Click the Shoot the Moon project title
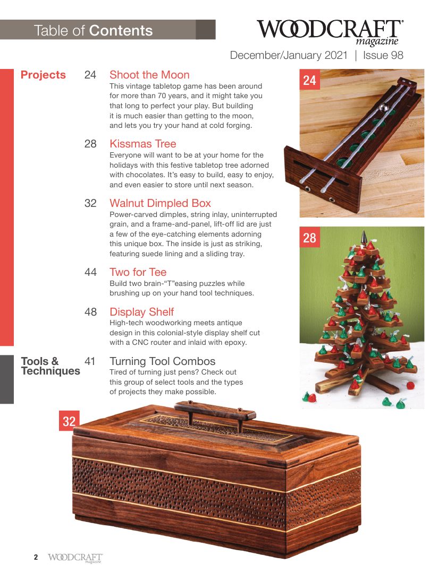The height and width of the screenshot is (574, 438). pos(149,75)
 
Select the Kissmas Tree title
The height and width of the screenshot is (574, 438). pos(142,144)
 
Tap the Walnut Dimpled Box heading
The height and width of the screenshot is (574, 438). pos(160,203)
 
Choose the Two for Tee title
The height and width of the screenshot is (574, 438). pos(138,272)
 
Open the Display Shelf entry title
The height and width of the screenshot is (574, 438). pos(141,312)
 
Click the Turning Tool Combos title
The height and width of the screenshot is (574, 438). pos(162,362)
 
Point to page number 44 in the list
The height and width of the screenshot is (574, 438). pos(90,272)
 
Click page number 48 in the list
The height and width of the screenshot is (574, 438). pos(90,312)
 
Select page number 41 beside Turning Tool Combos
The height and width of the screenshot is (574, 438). pos(90,362)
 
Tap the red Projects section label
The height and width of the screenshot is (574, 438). pos(43,75)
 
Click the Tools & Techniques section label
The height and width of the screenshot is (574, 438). pos(50,366)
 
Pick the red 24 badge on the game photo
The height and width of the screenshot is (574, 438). pos(309,80)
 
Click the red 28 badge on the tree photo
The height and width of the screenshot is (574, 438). pos(309,238)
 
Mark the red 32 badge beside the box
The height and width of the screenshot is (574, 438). pos(69,421)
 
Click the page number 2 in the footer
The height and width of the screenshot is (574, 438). pos(36,557)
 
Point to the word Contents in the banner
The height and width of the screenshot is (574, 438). pos(121,30)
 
